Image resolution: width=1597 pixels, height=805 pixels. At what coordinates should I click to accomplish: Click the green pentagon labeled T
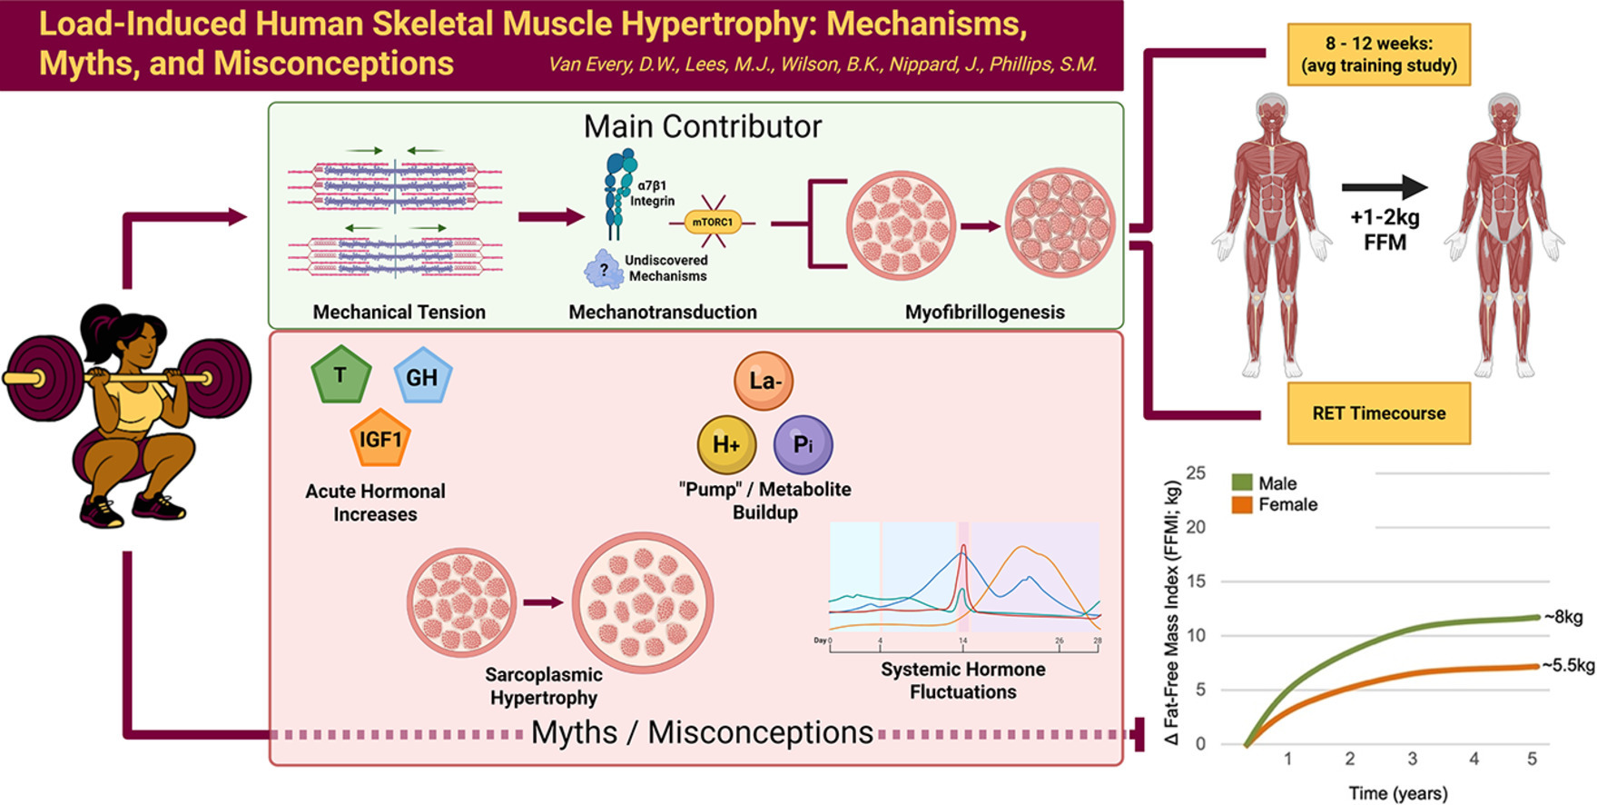(x=340, y=374)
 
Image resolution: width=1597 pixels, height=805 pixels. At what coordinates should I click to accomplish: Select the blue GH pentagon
(x=422, y=376)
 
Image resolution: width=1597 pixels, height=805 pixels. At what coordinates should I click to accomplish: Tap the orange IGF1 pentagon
(x=380, y=440)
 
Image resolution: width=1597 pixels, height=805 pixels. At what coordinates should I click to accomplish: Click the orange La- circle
(x=764, y=381)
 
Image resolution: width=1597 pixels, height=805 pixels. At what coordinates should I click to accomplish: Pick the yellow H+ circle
(x=726, y=444)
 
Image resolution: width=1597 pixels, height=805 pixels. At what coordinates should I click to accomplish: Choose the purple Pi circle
(x=803, y=444)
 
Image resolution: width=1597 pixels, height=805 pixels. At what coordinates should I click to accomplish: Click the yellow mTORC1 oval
(x=713, y=222)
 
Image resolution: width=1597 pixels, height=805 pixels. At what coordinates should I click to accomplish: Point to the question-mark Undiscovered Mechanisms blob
(x=604, y=270)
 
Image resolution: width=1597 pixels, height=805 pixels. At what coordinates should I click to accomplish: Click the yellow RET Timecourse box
(x=1378, y=413)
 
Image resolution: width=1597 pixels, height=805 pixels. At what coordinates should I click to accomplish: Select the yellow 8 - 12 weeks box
(x=1378, y=55)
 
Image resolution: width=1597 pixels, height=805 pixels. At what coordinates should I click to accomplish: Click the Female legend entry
(x=1275, y=504)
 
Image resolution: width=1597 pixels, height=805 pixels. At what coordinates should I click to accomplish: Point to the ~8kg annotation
(x=1562, y=618)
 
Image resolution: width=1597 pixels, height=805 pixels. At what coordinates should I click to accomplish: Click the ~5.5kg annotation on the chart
(x=1568, y=665)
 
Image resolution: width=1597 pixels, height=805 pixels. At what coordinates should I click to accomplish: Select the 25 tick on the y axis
(x=1196, y=472)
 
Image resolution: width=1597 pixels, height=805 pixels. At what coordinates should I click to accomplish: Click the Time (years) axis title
(x=1397, y=793)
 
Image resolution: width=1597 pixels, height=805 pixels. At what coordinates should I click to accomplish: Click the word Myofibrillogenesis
(x=984, y=313)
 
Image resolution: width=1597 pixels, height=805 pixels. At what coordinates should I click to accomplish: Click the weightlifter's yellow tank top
(x=138, y=406)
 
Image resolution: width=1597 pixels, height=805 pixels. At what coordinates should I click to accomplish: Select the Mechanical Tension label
(x=399, y=313)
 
